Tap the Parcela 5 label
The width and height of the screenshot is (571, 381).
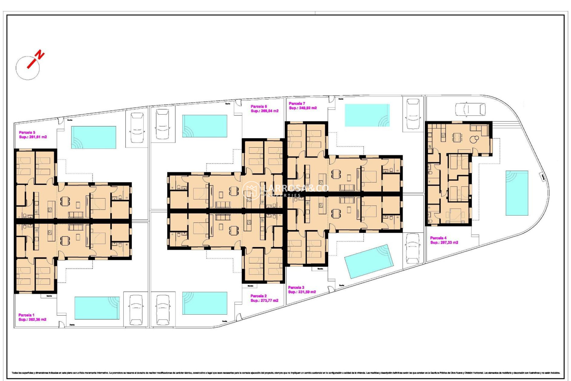(27, 132)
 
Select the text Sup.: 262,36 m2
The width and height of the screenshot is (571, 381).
(32, 319)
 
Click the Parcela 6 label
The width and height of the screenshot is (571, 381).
(259, 106)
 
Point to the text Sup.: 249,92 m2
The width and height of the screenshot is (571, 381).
(303, 108)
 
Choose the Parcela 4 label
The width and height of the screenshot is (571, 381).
(438, 238)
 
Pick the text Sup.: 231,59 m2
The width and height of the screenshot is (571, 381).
(302, 292)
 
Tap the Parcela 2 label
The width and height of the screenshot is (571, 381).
(258, 296)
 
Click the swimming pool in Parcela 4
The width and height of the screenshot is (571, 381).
(517, 193)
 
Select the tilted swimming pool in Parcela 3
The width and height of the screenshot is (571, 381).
(369, 261)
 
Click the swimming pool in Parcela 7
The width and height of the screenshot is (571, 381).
(367, 115)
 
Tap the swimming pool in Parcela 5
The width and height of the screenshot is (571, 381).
(93, 137)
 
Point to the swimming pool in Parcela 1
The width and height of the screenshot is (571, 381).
(97, 308)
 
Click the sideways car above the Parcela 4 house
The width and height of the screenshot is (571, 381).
(470, 109)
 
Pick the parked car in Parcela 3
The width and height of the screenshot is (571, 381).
(412, 248)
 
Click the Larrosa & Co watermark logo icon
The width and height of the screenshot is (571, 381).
(251, 190)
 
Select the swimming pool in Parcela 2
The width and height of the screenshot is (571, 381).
(205, 303)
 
